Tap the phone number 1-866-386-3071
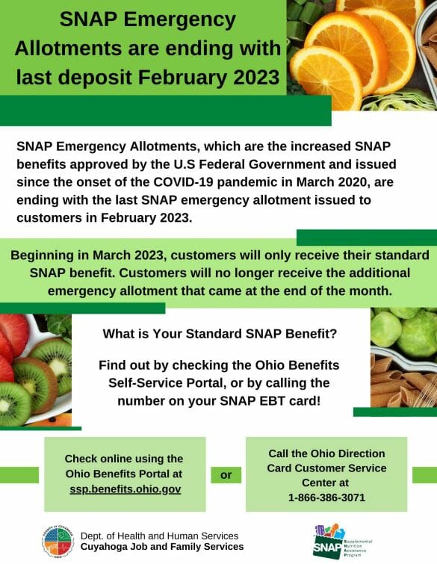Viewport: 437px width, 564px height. [326, 497]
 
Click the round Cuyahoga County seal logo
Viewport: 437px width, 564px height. [58, 540]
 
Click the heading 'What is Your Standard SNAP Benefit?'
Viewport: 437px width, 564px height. [219, 333]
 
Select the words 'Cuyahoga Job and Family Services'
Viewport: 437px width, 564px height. [161, 547]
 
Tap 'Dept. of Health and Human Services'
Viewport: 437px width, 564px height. [158, 535]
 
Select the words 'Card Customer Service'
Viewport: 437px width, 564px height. [326, 468]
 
